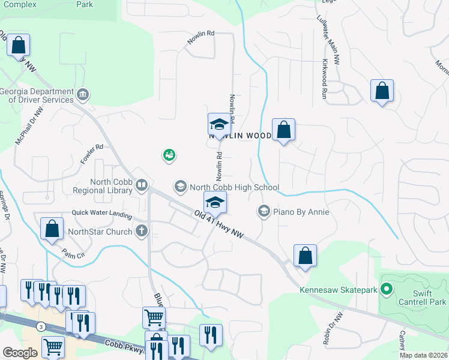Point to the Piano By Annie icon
(263, 211)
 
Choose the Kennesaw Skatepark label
(337, 290)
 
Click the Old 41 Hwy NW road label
(219, 224)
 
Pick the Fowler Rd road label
(92, 154)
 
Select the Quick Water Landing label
(101, 212)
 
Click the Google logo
(19, 353)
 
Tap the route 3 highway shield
(40, 326)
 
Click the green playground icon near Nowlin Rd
(169, 156)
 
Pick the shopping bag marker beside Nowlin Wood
(283, 129)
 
